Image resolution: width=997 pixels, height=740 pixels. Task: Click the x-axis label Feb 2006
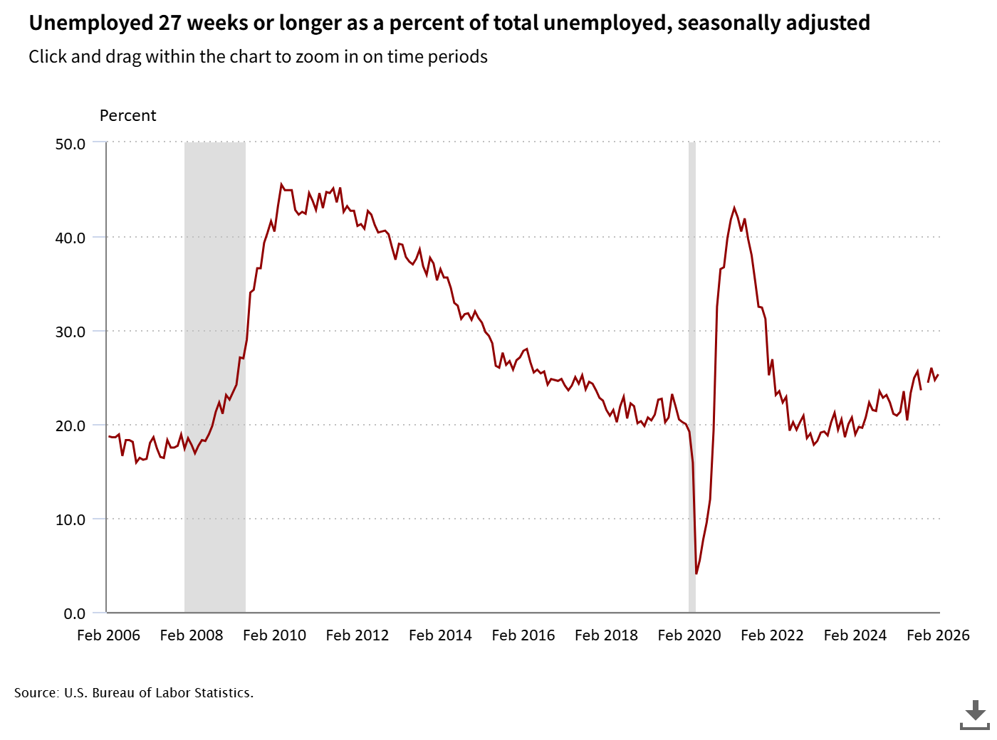point(108,635)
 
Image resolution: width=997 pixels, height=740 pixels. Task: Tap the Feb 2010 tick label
point(274,635)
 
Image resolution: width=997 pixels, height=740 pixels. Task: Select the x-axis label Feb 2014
point(440,635)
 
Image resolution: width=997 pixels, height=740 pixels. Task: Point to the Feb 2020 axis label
point(689,635)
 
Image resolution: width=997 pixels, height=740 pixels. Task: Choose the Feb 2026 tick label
point(938,635)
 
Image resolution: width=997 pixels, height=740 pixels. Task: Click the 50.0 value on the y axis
point(70,144)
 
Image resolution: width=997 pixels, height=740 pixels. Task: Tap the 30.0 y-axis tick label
point(70,332)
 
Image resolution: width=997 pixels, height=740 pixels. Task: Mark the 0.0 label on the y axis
point(74,613)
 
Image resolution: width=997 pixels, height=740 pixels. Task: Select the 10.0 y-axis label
point(70,519)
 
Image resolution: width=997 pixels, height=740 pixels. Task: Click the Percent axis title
point(127,115)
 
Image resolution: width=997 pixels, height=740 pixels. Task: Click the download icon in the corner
point(974,714)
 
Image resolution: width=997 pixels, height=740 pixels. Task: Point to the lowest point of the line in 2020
point(696,573)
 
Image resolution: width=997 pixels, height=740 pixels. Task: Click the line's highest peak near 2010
point(281,184)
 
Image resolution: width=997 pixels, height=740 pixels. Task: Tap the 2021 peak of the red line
point(734,208)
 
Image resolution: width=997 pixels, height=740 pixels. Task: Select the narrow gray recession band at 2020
point(691,377)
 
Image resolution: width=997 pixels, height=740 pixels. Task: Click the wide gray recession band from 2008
point(215,377)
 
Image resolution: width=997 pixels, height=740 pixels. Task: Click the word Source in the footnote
point(36,692)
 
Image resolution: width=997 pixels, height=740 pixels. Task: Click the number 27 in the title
point(169,23)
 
